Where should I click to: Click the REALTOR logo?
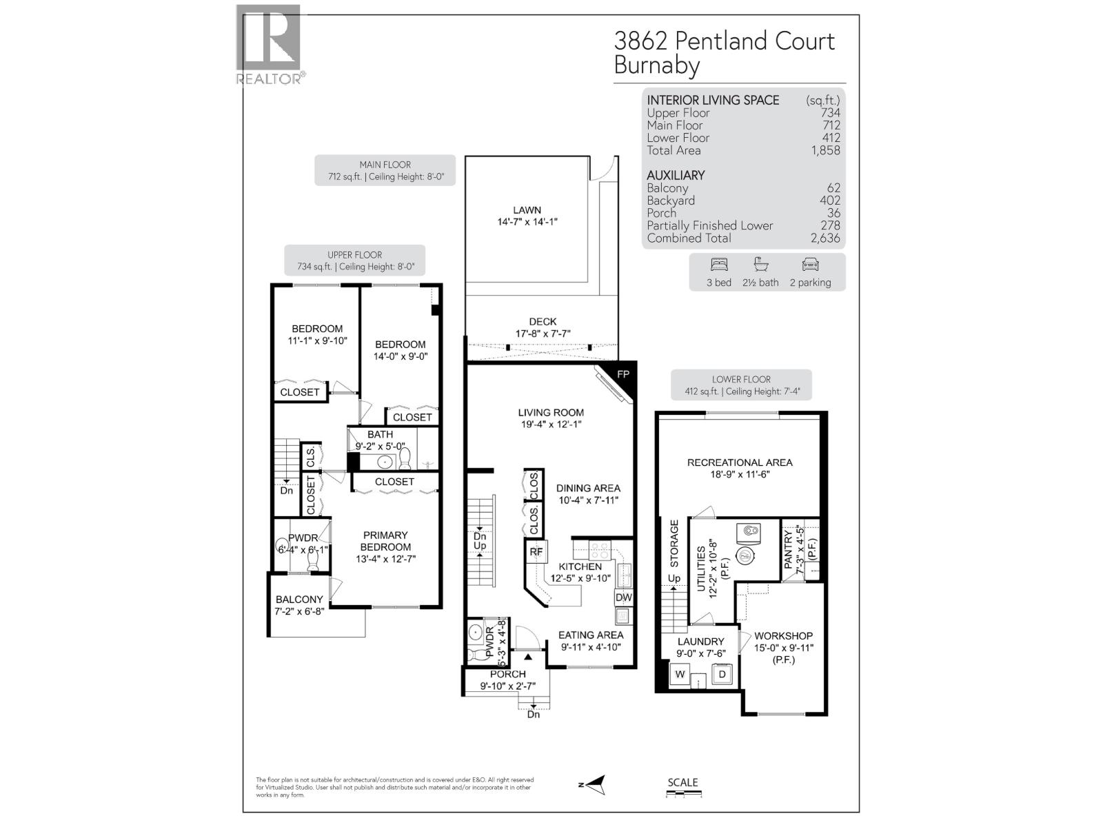tap(269, 45)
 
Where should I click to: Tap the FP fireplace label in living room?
tap(623, 374)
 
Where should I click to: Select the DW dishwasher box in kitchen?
tap(623, 598)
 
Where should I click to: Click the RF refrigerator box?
tap(536, 551)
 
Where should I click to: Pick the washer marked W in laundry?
tap(680, 674)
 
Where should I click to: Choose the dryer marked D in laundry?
tap(722, 674)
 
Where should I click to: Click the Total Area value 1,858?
tap(825, 150)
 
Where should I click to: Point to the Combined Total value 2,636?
tap(825, 238)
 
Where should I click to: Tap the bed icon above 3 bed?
tap(718, 265)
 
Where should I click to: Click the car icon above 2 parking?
tap(810, 265)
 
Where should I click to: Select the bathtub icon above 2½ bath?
tap(760, 265)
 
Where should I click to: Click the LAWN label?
tap(527, 210)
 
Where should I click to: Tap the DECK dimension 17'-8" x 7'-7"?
tap(543, 334)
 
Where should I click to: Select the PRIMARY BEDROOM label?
tap(385, 541)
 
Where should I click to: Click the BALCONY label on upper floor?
tap(299, 600)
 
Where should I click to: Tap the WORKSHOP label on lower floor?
tap(783, 635)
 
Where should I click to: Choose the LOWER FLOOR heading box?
tap(741, 385)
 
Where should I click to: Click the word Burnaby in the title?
tap(656, 66)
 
